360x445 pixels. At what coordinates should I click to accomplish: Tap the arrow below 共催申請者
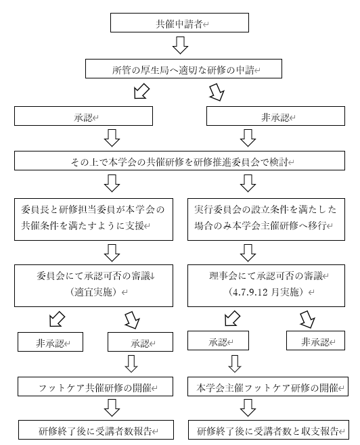[x=180, y=45]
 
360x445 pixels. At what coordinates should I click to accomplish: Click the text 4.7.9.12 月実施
[x=266, y=292]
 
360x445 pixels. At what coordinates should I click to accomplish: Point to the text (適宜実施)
[x=93, y=292]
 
